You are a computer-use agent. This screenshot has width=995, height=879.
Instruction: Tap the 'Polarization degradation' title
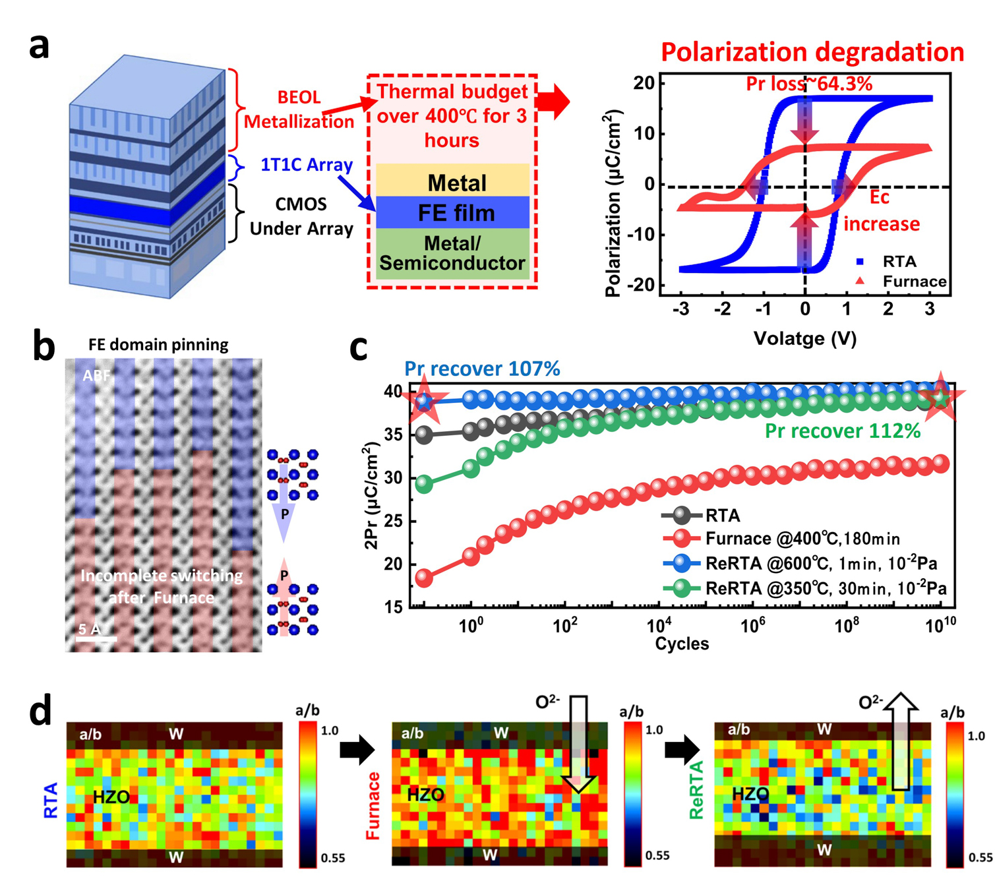pos(812,52)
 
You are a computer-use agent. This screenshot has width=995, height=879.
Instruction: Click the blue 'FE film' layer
pos(456,213)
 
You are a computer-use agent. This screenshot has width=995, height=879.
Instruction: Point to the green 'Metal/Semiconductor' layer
pos(452,254)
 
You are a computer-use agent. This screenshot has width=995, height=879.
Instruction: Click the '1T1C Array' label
pos(306,165)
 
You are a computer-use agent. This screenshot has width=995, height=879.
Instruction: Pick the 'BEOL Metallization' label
pos(299,109)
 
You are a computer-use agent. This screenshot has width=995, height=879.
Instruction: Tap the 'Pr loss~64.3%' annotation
pos(809,84)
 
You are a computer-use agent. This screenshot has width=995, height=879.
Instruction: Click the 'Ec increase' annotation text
pos(881,211)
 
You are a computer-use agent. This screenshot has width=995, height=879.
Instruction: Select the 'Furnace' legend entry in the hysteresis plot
pos(914,282)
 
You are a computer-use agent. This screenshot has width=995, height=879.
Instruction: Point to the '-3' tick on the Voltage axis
pos(681,309)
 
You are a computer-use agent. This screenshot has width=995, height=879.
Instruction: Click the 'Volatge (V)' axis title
pos(804,339)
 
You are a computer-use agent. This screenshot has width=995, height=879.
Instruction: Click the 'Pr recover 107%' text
pos(482,369)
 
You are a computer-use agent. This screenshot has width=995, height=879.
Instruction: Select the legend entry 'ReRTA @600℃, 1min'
pos(821,563)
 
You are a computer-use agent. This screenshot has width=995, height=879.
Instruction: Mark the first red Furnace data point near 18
pos(424,578)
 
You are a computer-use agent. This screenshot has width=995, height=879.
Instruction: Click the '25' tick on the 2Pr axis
pos(393,522)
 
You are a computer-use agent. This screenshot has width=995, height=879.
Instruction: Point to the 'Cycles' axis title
pos(682,644)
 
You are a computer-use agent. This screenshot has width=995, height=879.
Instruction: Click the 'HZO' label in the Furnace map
pos(425,795)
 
